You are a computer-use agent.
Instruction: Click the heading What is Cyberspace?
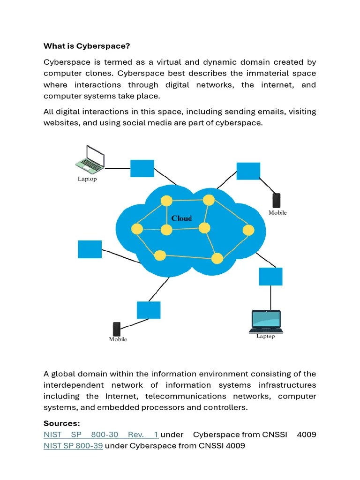(87, 46)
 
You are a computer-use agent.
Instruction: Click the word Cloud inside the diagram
(181, 218)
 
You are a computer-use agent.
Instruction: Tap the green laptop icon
(90, 159)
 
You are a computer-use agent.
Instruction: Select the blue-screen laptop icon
(266, 321)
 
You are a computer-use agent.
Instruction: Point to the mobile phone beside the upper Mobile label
(277, 201)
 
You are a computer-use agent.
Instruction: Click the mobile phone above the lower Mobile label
(117, 329)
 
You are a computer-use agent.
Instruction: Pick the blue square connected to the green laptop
(142, 168)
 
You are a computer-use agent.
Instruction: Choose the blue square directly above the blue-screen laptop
(270, 277)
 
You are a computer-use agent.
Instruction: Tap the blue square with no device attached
(90, 249)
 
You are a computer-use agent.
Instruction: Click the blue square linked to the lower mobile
(149, 310)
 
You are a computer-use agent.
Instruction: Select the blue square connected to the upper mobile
(248, 171)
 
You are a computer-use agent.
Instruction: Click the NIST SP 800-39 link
(73, 446)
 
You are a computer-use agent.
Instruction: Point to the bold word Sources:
(62, 423)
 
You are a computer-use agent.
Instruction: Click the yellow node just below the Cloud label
(167, 230)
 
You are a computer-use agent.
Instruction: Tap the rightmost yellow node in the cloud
(248, 230)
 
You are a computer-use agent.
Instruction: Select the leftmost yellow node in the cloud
(137, 229)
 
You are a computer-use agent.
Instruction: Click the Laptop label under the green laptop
(87, 179)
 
